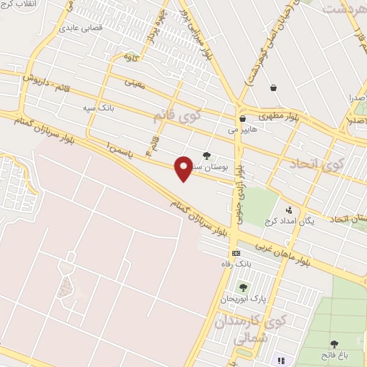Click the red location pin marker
tap(184, 168)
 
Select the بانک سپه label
tap(98, 107)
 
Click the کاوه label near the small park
tap(129, 55)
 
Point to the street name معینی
tap(135, 83)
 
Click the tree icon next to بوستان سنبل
tap(206, 156)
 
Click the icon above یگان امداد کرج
tap(288, 210)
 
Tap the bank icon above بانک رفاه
tap(236, 254)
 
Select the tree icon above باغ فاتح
tap(334, 344)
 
